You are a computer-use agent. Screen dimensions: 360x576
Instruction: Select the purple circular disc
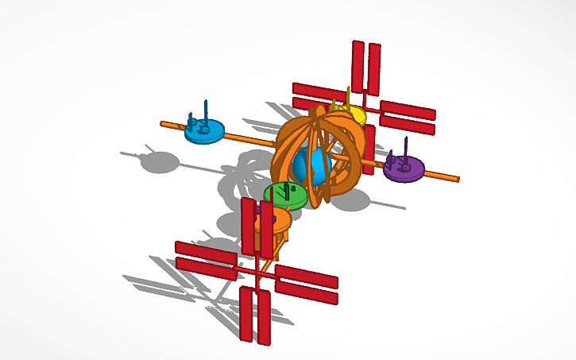click(x=404, y=168)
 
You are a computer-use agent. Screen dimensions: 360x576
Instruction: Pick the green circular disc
click(x=284, y=195)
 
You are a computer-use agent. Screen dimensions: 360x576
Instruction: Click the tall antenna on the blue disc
click(x=206, y=112)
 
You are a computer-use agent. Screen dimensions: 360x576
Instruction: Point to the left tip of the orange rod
click(x=162, y=123)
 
